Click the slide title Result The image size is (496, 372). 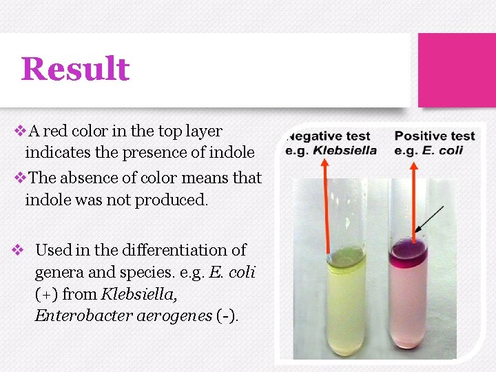(75, 69)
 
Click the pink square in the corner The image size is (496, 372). (457, 70)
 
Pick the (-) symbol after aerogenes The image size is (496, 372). (227, 316)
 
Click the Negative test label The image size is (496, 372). (330, 136)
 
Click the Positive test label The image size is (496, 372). (435, 136)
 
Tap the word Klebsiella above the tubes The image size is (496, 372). (345, 150)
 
